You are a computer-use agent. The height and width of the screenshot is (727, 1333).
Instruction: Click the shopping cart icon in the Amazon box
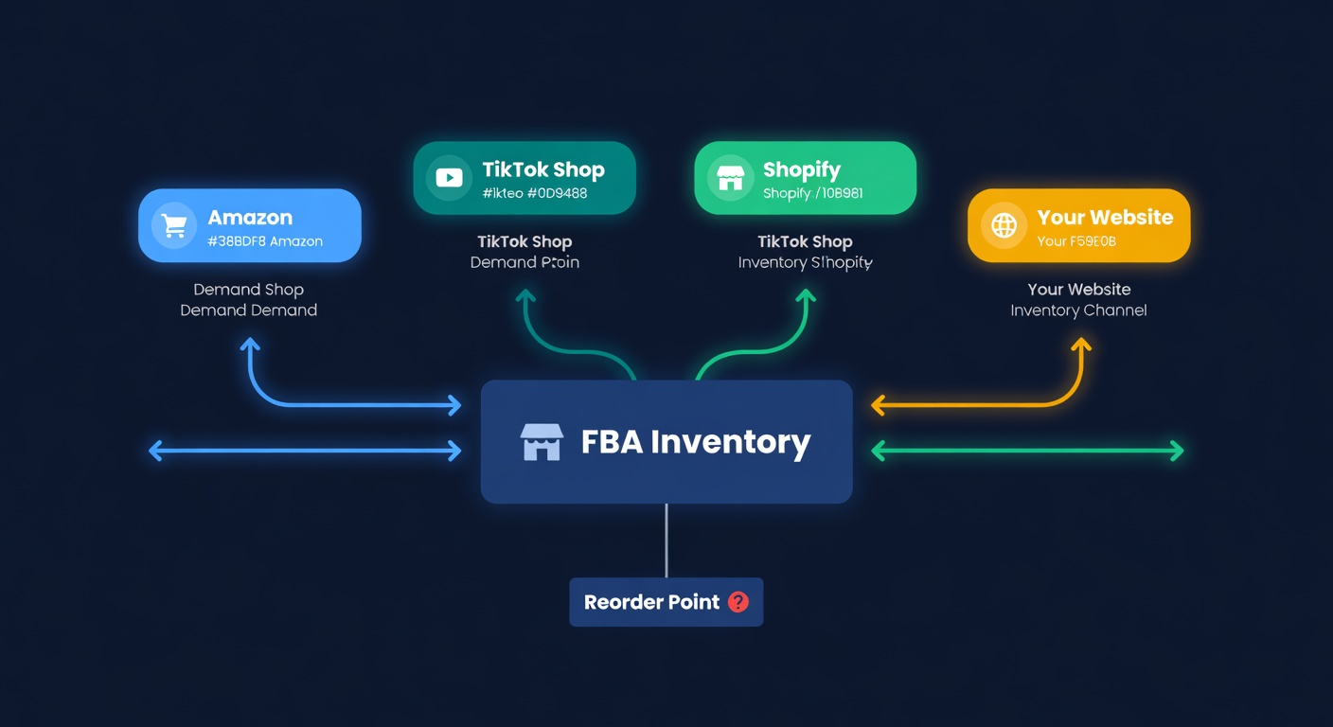click(x=174, y=225)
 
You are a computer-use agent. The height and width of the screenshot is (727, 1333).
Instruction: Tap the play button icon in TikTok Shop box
click(x=449, y=178)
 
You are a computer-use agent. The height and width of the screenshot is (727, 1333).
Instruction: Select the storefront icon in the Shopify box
click(x=730, y=178)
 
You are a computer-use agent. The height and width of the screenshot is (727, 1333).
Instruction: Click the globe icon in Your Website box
click(x=1004, y=225)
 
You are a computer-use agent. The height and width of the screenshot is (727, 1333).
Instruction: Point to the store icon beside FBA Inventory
click(x=542, y=442)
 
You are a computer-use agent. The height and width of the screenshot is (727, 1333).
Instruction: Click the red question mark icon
click(x=738, y=602)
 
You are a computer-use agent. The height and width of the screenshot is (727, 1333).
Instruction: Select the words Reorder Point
click(x=651, y=602)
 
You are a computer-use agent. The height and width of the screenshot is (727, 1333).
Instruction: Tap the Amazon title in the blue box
click(x=250, y=218)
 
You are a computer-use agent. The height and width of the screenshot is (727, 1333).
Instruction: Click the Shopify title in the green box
click(x=801, y=170)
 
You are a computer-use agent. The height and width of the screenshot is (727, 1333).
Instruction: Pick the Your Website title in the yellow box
click(x=1104, y=218)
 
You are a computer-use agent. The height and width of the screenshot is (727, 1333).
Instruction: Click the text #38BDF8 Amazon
click(x=265, y=241)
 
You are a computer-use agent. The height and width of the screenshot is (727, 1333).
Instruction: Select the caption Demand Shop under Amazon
click(x=248, y=290)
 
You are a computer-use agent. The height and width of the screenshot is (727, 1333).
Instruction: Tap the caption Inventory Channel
click(x=1078, y=310)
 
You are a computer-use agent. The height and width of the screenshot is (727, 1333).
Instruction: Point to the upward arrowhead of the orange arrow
click(x=1080, y=345)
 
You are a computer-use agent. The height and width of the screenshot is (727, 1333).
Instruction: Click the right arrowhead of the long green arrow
click(x=1177, y=451)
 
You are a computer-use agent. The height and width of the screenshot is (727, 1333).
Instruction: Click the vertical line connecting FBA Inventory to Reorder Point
click(x=666, y=541)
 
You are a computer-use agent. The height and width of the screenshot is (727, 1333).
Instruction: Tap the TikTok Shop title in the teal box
click(x=542, y=170)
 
